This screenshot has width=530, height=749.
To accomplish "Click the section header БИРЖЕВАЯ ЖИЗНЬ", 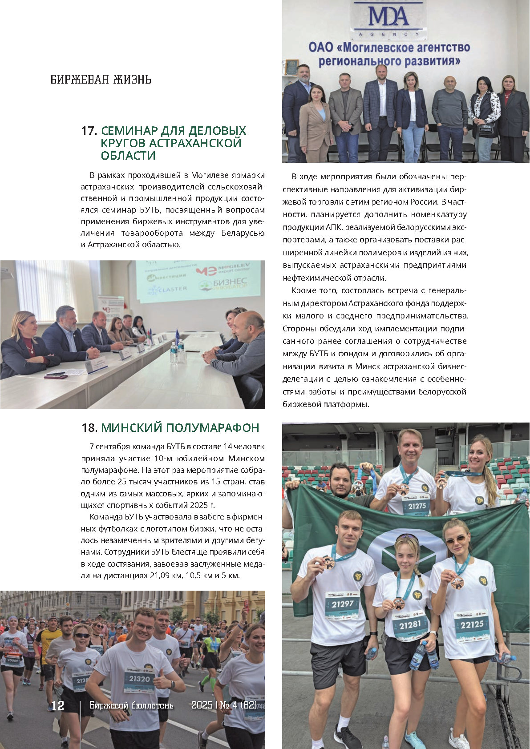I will point(101,80).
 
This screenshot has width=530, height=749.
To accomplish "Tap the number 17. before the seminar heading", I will point(89,131).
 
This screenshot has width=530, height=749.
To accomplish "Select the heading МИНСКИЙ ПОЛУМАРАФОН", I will point(180,428).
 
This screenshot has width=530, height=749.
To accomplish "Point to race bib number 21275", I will point(417,506).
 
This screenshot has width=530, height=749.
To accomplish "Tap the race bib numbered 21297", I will point(342,604).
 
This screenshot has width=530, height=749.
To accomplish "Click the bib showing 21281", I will point(409,625).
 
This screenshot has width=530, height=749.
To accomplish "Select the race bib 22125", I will point(472,624).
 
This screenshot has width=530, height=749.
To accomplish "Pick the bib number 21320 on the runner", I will point(139,679).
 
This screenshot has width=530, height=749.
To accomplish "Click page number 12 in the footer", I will point(58,706).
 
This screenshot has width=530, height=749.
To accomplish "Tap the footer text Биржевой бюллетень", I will point(131,705).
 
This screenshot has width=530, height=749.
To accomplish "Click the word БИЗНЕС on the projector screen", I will point(230,282).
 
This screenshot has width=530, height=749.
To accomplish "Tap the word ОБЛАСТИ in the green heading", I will point(128,156).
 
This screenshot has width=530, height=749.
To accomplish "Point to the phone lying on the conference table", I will point(56,376).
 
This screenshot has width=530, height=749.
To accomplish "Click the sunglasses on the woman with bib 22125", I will point(455,540).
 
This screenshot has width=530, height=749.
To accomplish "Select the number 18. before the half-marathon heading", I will point(89,428).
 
